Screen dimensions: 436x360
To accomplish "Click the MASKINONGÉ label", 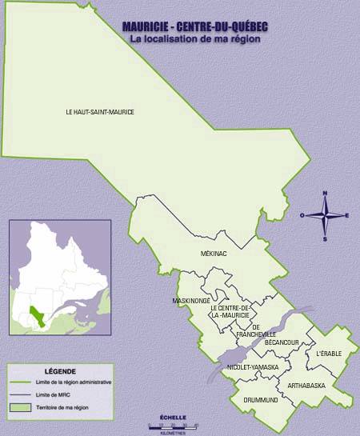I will tap(191, 301).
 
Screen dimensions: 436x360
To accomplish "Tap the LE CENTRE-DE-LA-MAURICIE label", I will tap(230, 311).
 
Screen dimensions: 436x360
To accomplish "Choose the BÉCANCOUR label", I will tap(282, 342).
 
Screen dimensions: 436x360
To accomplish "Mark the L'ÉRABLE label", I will tap(328, 353).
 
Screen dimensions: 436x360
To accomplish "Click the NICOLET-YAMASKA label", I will tap(253, 366).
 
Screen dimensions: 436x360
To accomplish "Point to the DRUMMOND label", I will tap(260, 399).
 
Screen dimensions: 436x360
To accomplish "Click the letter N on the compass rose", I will tap(325, 194).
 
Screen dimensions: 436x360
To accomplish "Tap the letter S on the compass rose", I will tap(325, 238).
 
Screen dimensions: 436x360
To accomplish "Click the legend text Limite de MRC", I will tap(47, 395).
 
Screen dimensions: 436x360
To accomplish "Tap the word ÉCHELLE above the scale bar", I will tap(173, 417).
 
